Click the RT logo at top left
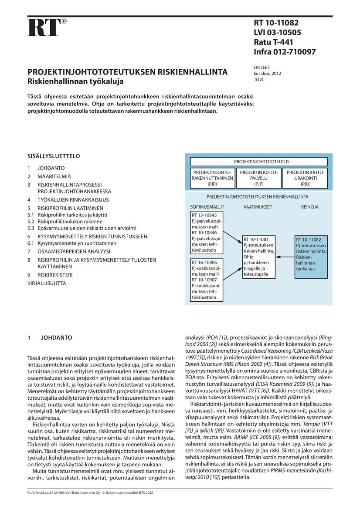44,27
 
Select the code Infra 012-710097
285,52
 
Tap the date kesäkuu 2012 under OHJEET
267,74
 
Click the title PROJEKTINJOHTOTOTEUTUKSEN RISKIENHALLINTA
127,72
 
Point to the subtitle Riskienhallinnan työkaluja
75,81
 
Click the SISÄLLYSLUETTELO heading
54,156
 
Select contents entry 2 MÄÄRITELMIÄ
54,176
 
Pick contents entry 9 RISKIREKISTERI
55,275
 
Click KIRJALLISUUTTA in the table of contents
47,283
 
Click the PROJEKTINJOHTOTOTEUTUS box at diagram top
259,162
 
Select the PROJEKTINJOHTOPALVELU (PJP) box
259,178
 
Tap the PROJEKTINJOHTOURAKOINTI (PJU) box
305,178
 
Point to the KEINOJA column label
309,207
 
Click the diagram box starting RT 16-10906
207,280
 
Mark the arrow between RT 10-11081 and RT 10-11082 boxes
285,257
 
